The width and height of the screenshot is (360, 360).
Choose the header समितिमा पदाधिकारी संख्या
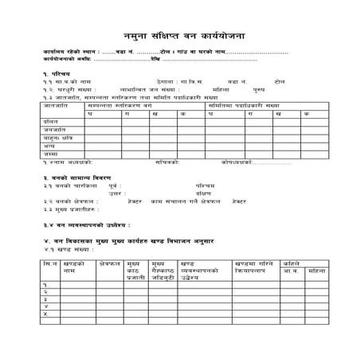tap(243, 104)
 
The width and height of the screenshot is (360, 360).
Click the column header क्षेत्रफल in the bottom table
tap(108, 261)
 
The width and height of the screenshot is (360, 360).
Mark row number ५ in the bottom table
tap(46, 314)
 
